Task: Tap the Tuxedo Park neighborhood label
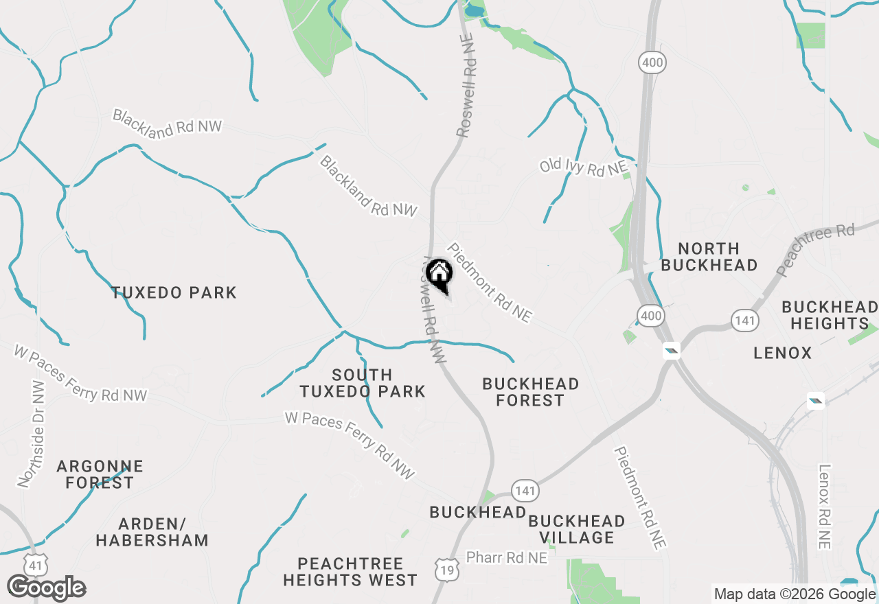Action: pos(174,293)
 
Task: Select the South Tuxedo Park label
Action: pos(362,383)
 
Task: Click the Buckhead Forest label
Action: pos(530,392)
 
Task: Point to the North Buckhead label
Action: pos(709,257)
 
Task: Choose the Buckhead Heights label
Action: pos(830,315)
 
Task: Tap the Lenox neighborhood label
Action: pos(782,353)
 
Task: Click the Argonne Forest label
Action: pos(100,474)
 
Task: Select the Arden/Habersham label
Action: pos(152,532)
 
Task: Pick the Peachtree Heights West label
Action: pos(350,572)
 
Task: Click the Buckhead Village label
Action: pos(577,529)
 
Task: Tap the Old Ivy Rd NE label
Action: pos(583,167)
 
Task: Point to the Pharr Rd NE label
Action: pos(507,558)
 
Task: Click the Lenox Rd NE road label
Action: pos(824,507)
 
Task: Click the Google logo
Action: pos(46,588)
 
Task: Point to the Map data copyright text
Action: pos(795,594)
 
